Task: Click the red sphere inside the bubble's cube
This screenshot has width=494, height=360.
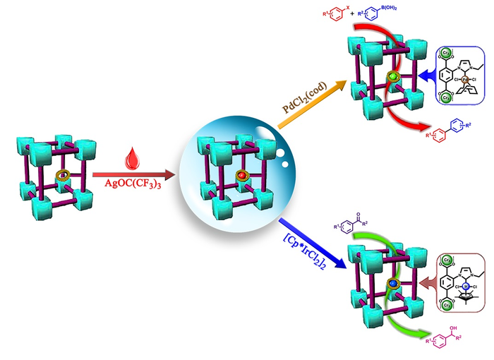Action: (240, 174)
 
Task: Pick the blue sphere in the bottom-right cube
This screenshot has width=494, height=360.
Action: (393, 282)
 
